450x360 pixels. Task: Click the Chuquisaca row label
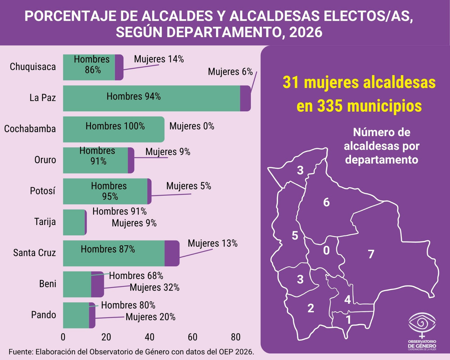click(33, 67)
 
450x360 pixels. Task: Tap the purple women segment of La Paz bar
click(245, 98)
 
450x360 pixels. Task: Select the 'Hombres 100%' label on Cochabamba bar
click(115, 126)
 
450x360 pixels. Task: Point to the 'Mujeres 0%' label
click(192, 126)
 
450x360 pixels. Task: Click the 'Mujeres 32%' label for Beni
click(154, 287)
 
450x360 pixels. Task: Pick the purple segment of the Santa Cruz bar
click(172, 253)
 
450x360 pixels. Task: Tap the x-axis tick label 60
click(193, 337)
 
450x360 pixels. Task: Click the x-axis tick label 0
click(63, 337)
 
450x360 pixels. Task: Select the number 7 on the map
click(371, 254)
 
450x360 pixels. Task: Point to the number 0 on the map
click(326, 250)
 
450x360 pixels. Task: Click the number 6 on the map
click(326, 202)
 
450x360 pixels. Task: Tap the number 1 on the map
click(348, 320)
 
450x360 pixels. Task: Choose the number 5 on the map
click(295, 235)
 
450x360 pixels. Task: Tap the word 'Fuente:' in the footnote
click(21, 352)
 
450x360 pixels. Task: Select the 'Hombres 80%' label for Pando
click(128, 305)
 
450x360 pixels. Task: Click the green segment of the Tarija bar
click(74, 222)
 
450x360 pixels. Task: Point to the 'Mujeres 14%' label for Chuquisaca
click(159, 59)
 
